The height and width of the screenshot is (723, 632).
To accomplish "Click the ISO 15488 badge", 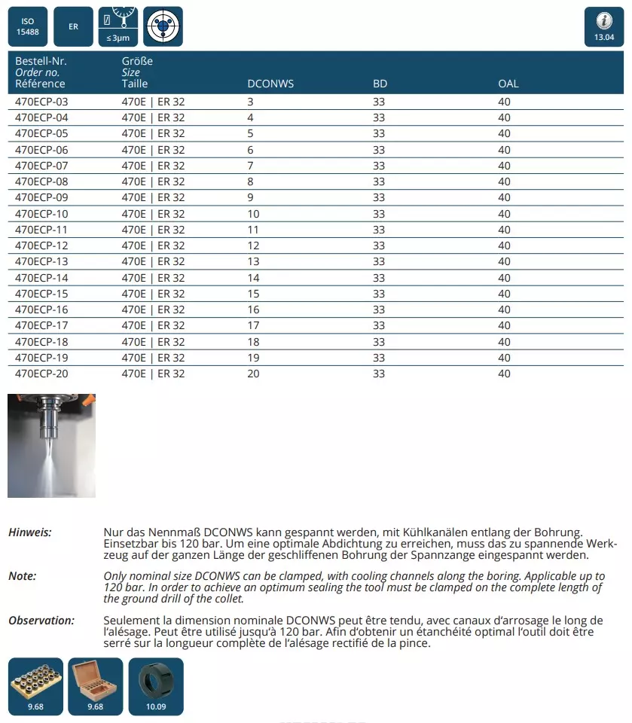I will coord(27,26).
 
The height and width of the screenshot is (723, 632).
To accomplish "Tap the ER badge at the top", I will coord(74,26).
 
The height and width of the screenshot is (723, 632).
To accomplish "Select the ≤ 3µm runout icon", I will coord(117,26).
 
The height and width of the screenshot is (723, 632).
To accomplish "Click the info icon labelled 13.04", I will coord(604,27).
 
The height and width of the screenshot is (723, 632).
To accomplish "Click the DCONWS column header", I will coord(270,84).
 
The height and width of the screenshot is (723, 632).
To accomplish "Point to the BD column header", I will coord(380,84).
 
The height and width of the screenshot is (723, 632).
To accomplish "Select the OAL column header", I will coord(508,84).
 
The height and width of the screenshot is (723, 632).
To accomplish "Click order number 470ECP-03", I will coord(41,102).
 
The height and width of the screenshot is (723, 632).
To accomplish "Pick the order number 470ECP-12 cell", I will coord(41,246).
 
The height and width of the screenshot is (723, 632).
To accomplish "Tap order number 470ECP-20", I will coord(41,374).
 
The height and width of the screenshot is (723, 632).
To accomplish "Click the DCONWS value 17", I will coord(253,325).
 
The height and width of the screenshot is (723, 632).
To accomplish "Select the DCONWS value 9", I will coord(251,197).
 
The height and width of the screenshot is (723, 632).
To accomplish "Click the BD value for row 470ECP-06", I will coord(379,150).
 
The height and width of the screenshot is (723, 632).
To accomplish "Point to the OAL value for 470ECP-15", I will coord(504,294).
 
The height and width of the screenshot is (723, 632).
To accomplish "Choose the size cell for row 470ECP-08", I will coord(153,182).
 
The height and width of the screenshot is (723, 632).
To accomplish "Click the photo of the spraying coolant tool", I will coord(51,445).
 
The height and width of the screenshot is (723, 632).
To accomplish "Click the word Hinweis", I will coord(30,532).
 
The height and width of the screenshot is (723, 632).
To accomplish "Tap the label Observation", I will coord(41,621).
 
